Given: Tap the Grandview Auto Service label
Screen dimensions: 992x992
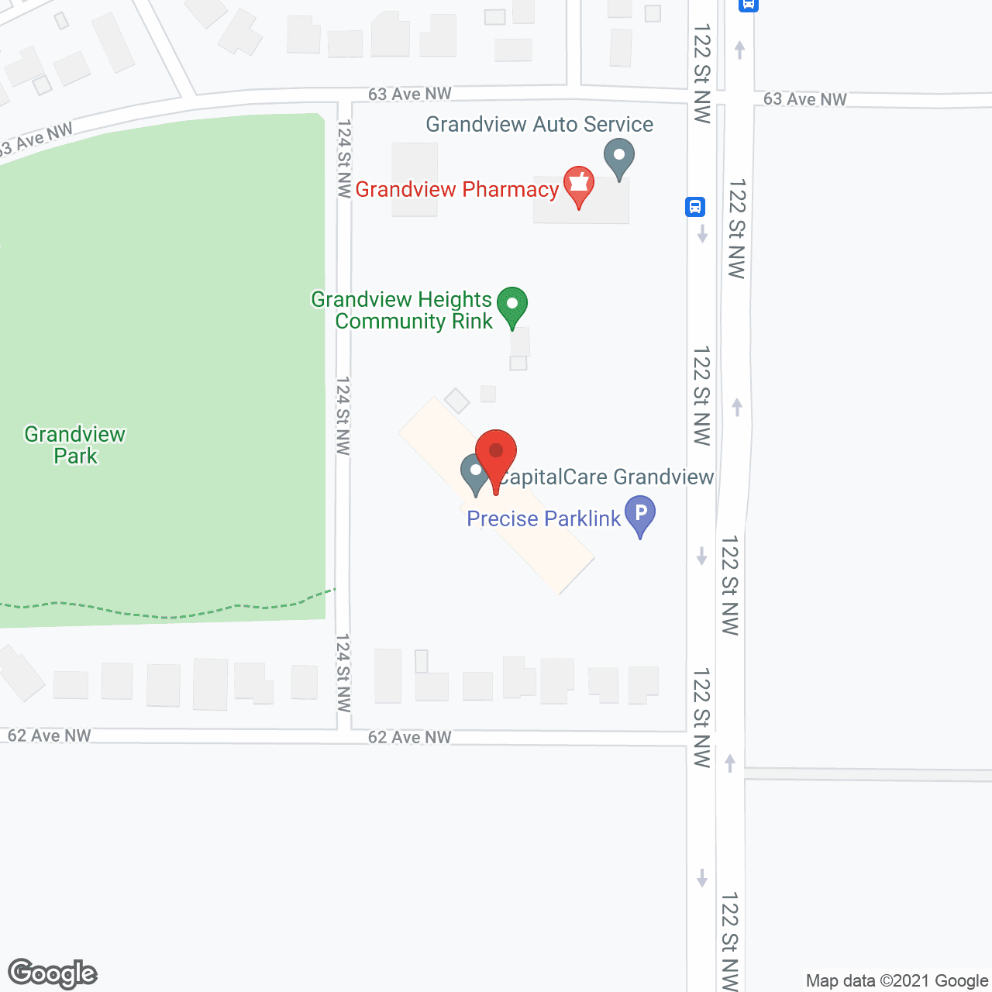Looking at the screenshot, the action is click(x=539, y=124).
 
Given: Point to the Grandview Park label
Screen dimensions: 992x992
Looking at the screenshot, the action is click(x=75, y=445).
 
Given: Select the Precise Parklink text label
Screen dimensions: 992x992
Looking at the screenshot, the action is click(x=543, y=518).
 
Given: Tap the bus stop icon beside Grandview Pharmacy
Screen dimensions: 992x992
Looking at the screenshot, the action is click(x=694, y=207).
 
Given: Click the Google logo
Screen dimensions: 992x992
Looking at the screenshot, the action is click(x=53, y=973).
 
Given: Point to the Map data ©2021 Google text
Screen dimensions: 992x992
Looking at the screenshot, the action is click(x=897, y=980).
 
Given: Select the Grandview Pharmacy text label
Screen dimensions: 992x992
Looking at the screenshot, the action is click(x=456, y=189).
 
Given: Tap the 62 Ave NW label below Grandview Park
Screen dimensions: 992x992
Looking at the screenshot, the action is click(x=50, y=735).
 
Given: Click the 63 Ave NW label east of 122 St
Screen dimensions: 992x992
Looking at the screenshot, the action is click(x=804, y=99).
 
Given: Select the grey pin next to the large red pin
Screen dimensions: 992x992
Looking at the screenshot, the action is click(x=474, y=473).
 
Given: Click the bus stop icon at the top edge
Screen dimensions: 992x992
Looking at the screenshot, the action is click(x=748, y=4).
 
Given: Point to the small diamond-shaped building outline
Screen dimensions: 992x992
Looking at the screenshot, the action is click(x=457, y=401).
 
